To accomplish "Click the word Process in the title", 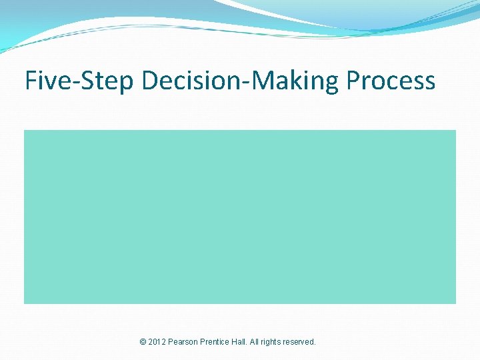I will click(391, 81).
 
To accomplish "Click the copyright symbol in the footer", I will click(143, 342).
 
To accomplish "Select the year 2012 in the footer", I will click(157, 342).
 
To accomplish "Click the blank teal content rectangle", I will click(240, 217).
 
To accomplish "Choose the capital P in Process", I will click(353, 81).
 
